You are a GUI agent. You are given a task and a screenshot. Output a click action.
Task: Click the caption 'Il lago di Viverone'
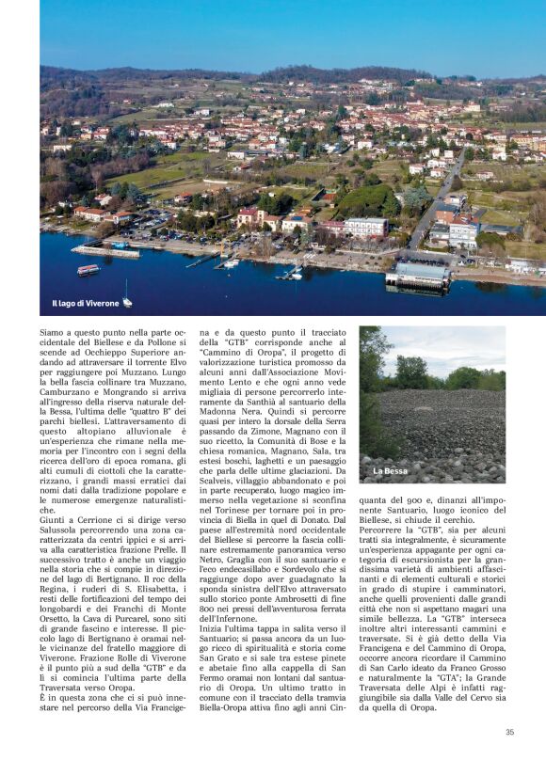point(85,304)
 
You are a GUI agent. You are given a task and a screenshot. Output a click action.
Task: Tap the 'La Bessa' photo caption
point(390,470)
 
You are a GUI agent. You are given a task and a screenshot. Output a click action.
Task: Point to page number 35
point(509,732)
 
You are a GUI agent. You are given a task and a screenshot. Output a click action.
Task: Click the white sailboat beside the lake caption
point(127,300)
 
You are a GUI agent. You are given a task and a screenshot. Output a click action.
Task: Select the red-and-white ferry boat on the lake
point(88,270)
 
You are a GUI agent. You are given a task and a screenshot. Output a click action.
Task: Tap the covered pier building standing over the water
point(418,276)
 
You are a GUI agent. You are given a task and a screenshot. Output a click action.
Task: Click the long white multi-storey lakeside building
point(365,227)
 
